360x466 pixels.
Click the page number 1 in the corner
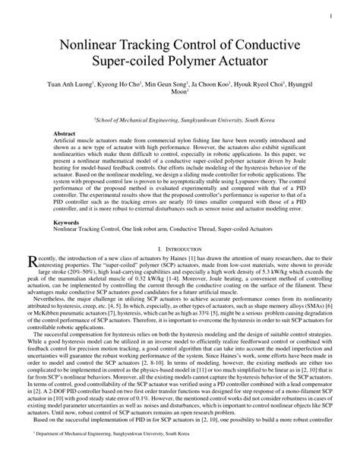pos(335,14)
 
